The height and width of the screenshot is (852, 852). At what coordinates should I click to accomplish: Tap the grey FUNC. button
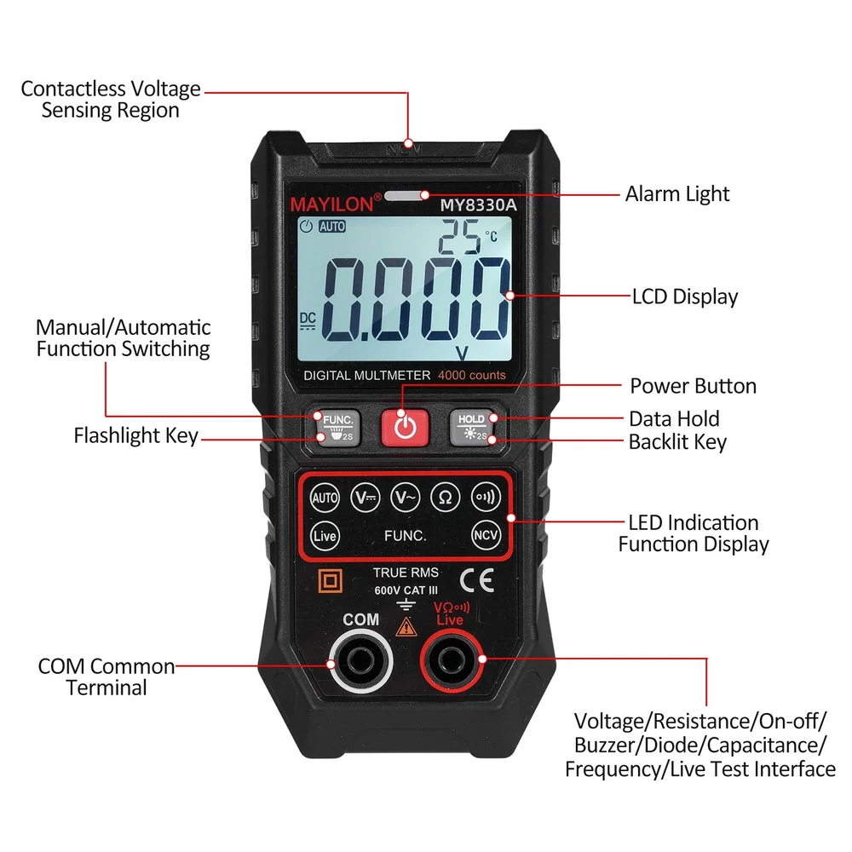click(338, 428)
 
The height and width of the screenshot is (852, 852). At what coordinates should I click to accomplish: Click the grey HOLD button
click(472, 427)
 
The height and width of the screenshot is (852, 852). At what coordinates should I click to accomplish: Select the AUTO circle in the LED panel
click(325, 498)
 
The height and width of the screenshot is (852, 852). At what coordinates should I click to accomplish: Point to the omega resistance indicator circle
click(445, 497)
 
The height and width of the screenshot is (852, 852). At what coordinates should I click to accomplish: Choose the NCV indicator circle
click(486, 535)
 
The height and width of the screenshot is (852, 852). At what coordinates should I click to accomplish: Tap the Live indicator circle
click(325, 536)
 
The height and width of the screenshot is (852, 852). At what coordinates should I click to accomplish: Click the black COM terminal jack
click(360, 661)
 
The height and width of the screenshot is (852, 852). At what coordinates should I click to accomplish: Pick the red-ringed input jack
click(452, 661)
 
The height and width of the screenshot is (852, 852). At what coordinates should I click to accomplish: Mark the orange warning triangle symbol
click(406, 627)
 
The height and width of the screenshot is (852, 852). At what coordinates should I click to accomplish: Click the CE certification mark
click(476, 579)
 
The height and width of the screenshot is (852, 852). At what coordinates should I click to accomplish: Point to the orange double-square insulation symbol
click(330, 581)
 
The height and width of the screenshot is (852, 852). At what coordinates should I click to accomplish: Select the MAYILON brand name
click(332, 204)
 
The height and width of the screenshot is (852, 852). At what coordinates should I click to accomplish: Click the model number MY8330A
click(478, 204)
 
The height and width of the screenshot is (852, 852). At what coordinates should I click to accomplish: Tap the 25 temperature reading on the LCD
click(459, 237)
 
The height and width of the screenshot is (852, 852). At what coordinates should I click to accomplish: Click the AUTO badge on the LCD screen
click(332, 226)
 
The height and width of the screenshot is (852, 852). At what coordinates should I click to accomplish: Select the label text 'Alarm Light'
click(677, 194)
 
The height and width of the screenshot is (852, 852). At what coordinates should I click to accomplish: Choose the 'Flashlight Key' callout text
click(135, 435)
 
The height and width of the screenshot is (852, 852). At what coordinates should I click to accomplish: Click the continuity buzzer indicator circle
click(486, 497)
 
